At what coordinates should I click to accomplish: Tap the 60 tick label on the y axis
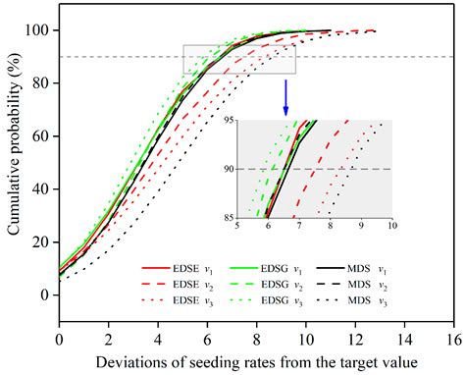click(42, 135)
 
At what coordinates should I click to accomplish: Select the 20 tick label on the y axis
click(42, 241)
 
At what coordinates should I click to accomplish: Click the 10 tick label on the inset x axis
click(391, 226)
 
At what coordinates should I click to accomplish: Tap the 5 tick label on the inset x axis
click(238, 226)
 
